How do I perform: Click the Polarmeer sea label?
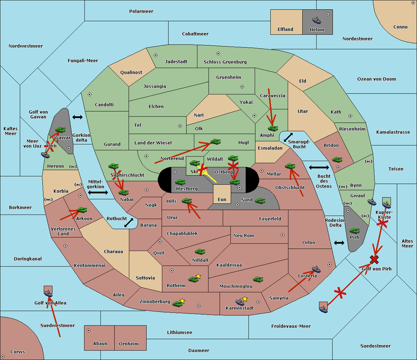(141, 11)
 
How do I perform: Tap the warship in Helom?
(317, 20)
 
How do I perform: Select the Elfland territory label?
(285, 30)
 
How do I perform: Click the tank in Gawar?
(60, 130)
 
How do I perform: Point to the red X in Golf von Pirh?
(374, 259)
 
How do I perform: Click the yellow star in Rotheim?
(198, 276)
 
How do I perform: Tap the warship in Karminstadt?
(240, 302)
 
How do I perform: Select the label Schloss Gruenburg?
(225, 62)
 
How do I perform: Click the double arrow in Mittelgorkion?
(98, 192)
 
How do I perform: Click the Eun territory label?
(222, 200)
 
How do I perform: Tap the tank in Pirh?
(354, 231)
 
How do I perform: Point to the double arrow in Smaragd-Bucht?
(288, 137)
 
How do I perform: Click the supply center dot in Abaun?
(89, 330)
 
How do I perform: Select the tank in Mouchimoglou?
(258, 279)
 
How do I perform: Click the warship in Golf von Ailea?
(48, 294)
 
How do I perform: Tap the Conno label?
(400, 27)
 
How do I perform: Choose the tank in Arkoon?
(82, 210)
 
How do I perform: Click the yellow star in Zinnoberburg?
(182, 301)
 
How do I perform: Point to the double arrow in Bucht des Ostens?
(319, 168)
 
